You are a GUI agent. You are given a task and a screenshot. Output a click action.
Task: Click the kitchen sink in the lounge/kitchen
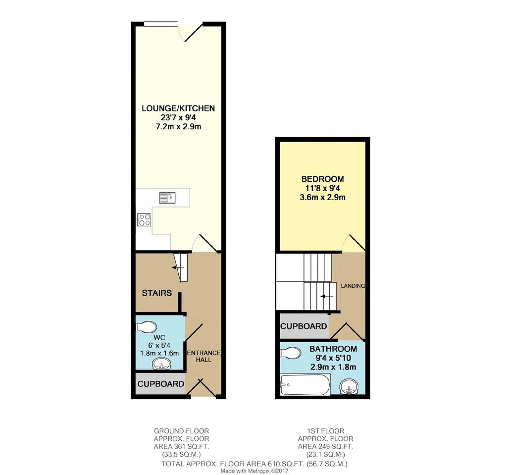pyautogui.click(x=167, y=197)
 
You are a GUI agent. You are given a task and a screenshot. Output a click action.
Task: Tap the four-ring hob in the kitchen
pyautogui.click(x=144, y=219)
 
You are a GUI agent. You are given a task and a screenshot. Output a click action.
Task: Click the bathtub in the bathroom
pyautogui.click(x=305, y=385)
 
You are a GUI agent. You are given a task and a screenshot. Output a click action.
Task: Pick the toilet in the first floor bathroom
pyautogui.click(x=291, y=353)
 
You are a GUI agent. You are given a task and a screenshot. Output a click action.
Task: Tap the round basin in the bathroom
pyautogui.click(x=349, y=387)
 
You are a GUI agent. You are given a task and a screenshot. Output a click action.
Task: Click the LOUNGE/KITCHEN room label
pyautogui.click(x=178, y=108)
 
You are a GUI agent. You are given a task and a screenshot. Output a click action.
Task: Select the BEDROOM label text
pyautogui.click(x=323, y=179)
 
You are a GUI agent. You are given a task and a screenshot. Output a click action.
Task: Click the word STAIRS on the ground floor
pyautogui.click(x=157, y=293)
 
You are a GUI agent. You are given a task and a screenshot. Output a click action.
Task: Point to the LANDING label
pyautogui.click(x=353, y=286)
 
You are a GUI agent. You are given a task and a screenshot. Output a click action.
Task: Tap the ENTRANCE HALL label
pyautogui.click(x=203, y=356)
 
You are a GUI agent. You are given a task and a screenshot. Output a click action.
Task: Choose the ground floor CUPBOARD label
pyautogui.click(x=161, y=384)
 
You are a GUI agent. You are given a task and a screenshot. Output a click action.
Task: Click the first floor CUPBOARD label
pyautogui.click(x=304, y=326)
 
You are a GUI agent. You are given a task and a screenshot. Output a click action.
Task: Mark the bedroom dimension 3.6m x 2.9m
pyautogui.click(x=323, y=197)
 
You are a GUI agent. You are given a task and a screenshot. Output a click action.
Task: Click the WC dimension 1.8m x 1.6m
pyautogui.click(x=159, y=353)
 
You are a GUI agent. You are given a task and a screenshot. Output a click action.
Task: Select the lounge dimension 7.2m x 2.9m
pyautogui.click(x=178, y=126)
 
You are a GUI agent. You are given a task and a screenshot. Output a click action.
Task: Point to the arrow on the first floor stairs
pyautogui.click(x=327, y=296)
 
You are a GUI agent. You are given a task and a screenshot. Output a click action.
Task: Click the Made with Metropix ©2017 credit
pyautogui.click(x=254, y=471)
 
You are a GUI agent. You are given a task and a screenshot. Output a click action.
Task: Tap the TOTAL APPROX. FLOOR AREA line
pyautogui.click(x=254, y=464)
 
